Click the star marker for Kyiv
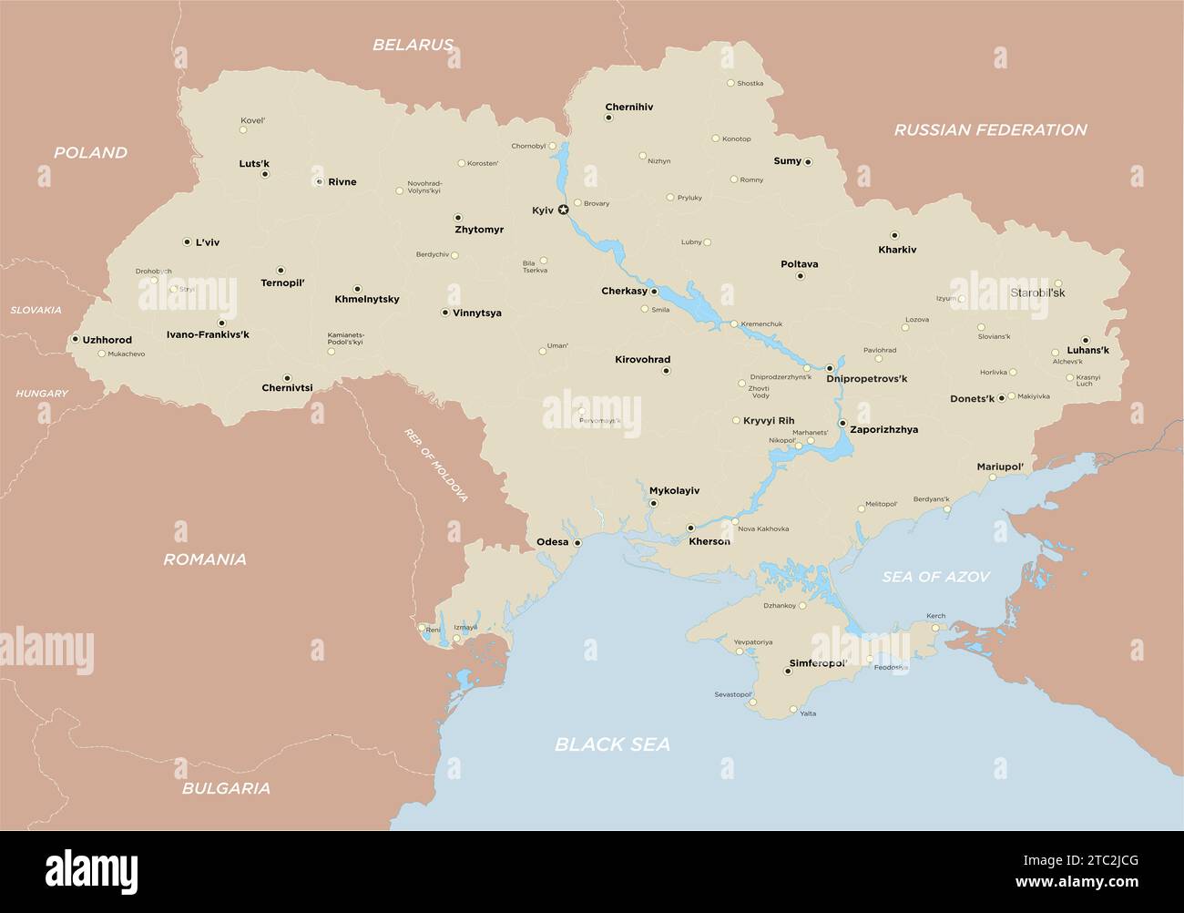click(x=563, y=210)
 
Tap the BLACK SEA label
click(x=612, y=744)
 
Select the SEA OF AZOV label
click(x=935, y=577)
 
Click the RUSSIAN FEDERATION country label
click(x=990, y=129)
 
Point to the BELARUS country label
click(x=413, y=45)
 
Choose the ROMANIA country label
click(x=205, y=559)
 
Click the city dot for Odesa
click(x=577, y=542)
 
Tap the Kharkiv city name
click(x=897, y=250)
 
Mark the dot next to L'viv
click(x=187, y=242)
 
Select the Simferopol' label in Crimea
click(x=818, y=663)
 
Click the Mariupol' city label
click(x=1000, y=467)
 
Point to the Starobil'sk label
click(x=1037, y=293)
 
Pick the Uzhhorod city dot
click(x=75, y=339)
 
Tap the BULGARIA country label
click(x=226, y=788)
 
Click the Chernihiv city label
click(x=629, y=107)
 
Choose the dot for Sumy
click(x=808, y=162)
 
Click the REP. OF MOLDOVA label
click(x=436, y=465)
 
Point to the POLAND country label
click(x=90, y=152)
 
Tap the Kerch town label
click(x=935, y=616)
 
